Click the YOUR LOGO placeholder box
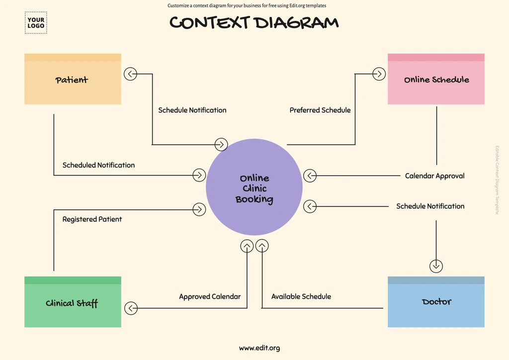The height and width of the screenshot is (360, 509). pos(36,23)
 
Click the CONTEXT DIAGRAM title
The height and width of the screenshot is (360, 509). pos(254,22)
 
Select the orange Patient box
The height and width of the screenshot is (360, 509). pos(73,80)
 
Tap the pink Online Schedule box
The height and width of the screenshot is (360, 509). pos(436,80)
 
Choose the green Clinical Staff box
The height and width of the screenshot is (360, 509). pos(73,302)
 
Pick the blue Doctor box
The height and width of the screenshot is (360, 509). pos(436,302)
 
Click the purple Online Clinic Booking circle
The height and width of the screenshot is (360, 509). pos(254,188)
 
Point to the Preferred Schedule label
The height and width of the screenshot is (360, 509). pos(320,110)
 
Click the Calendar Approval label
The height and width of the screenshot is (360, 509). pos(434,176)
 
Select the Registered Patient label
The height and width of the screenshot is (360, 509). pos(92,219)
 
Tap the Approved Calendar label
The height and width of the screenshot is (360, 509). pos(210,297)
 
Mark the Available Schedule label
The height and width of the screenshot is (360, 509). pos(301,297)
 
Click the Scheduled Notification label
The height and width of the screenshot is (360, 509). pos(98,165)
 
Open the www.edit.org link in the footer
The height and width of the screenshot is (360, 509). pos(259,348)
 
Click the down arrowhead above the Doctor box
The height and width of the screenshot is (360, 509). pos(436,266)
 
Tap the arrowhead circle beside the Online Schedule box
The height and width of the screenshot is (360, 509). pos(379,74)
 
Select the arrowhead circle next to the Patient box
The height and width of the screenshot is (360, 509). pos(131,74)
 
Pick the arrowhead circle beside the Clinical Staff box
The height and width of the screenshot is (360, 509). pos(131,308)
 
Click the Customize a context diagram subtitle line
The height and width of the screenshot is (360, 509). pos(247,6)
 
